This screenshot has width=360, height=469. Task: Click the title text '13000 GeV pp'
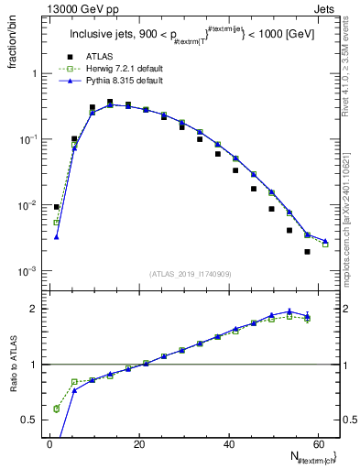(x=72, y=7)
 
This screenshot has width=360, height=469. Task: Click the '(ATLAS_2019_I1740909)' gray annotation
(x=191, y=274)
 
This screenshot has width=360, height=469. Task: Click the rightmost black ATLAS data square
(x=307, y=251)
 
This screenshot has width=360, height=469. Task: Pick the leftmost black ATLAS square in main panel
(x=56, y=207)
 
